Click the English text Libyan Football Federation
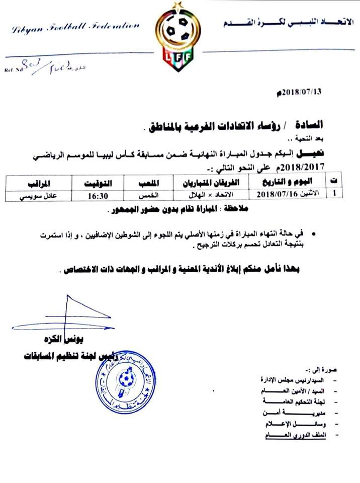tap(76, 29)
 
